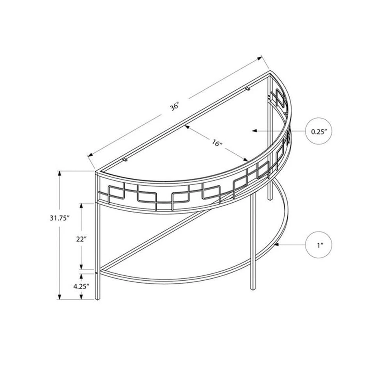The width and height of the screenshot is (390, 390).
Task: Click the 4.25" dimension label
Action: [x=81, y=286]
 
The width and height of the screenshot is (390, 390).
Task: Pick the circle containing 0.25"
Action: [x=319, y=131]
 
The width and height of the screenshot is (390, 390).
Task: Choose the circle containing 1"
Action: [x=319, y=245]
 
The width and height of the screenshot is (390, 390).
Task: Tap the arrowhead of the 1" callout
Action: [x=275, y=245]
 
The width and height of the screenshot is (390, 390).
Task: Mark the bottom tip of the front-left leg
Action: [x=97, y=300]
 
